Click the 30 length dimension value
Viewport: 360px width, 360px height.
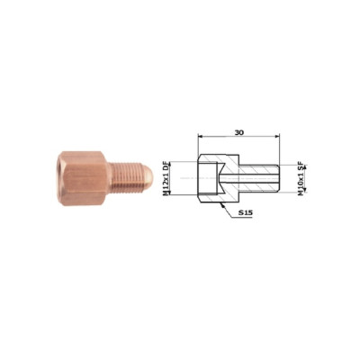239,132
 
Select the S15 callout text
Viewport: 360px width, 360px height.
246,212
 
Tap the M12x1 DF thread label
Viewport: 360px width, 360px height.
166,178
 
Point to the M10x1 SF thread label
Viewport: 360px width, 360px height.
301,179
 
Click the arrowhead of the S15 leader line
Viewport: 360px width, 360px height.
221,205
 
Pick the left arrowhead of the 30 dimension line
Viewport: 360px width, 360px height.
201,137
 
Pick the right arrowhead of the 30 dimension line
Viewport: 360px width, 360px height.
276,137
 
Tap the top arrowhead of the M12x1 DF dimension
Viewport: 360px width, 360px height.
170,164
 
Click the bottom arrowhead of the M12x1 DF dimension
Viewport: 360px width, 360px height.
170,193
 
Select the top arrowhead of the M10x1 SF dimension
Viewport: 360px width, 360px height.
305,167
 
